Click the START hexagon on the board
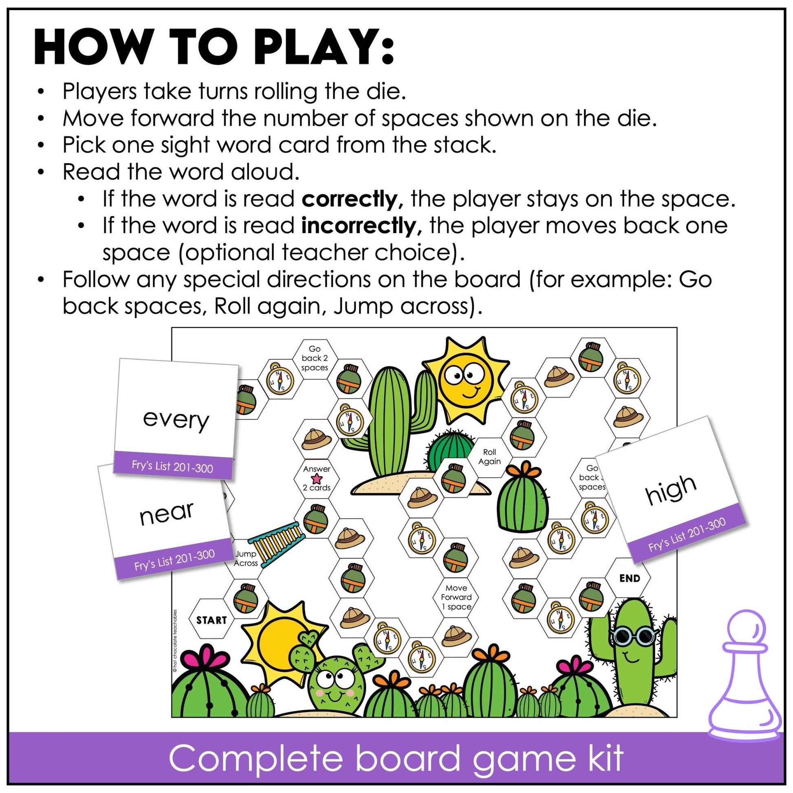pyautogui.click(x=211, y=620)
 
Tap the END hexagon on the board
pyautogui.click(x=629, y=578)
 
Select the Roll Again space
pyautogui.click(x=489, y=456)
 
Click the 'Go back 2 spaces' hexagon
pyautogui.click(x=315, y=358)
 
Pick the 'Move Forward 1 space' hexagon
pyautogui.click(x=456, y=597)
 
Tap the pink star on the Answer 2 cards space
pyautogui.click(x=317, y=478)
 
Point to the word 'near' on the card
pyautogui.click(x=166, y=513)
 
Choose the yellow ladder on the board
pyautogui.click(x=277, y=543)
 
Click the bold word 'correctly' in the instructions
pyautogui.click(x=349, y=200)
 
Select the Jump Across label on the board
pyautogui.click(x=246, y=559)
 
